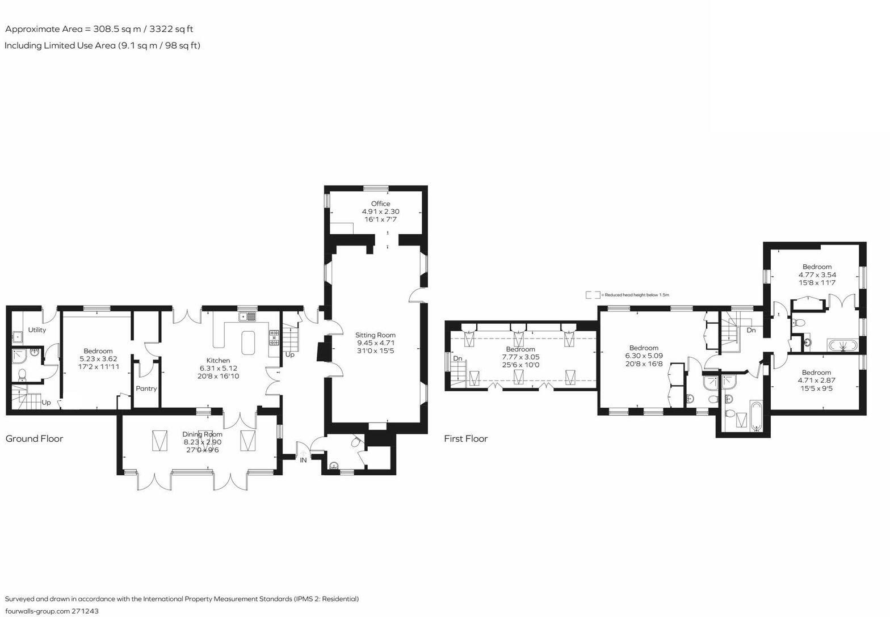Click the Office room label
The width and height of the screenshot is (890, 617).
381,204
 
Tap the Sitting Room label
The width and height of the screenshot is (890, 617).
376,335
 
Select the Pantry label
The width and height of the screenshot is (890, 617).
146,388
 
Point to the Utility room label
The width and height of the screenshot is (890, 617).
37,330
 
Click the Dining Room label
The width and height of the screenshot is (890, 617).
202,434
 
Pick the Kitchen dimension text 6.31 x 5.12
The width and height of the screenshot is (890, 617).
218,368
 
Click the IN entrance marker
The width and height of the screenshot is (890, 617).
303,460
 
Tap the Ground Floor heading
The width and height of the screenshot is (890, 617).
34,439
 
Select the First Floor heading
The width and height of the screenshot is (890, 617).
465,439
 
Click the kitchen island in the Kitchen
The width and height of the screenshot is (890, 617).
248,343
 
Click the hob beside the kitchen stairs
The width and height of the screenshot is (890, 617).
274,338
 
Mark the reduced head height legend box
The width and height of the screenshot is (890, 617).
593,295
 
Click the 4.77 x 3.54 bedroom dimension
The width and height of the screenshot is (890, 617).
817,274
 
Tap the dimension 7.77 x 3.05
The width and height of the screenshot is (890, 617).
520,357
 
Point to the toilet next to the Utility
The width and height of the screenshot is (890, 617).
22,375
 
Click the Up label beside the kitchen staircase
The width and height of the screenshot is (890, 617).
289,354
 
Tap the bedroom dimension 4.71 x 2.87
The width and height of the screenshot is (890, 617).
816,381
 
